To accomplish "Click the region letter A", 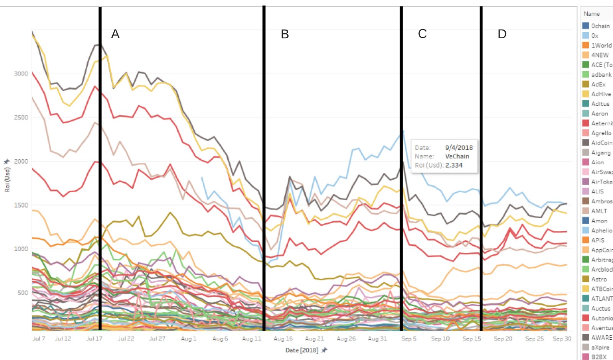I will (115, 34).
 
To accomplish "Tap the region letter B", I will (285, 34).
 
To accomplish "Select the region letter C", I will (422, 34).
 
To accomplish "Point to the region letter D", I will (502, 34).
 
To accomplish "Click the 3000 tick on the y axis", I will (21, 74).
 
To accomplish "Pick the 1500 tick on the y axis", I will (21, 205).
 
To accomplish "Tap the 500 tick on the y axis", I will (23, 293).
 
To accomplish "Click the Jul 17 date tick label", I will (94, 339).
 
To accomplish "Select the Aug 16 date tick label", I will (283, 339).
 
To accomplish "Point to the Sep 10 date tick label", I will (440, 339).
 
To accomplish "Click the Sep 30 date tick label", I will (562, 339).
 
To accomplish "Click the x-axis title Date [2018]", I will (302, 350).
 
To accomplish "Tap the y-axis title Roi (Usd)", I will (7, 179).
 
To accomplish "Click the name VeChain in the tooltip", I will (457, 156).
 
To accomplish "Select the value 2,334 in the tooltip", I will (454, 165).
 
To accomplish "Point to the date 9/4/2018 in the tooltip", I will (459, 147).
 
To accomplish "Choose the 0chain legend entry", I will (600, 26).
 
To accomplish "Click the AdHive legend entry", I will (601, 94).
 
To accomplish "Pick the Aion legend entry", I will (598, 162).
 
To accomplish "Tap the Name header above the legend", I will (592, 14).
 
